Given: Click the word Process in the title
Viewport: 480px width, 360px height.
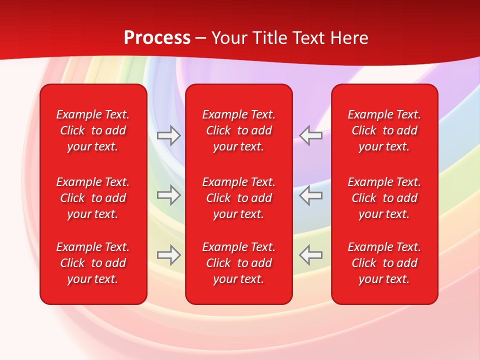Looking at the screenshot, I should tap(157, 38).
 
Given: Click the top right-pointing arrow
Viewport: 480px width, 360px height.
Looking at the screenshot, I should tap(169, 135).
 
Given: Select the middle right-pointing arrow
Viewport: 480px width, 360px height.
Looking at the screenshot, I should tap(169, 195).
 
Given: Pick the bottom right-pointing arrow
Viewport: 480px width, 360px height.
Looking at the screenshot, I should tap(169, 254).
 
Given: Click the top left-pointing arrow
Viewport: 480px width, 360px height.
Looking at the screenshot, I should tap(310, 135).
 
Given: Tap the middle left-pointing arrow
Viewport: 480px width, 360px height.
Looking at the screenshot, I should tap(310, 195).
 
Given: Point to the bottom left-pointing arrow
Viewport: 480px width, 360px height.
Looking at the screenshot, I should tap(310, 254).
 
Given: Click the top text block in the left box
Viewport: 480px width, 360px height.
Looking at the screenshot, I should tap(93, 130).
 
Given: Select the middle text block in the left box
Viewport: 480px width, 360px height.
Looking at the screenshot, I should tap(93, 198).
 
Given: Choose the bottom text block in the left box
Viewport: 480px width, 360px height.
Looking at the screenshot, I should tap(93, 263).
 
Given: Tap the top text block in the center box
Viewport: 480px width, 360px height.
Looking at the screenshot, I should tap(239, 130).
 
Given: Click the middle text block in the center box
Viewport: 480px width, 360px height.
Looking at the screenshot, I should tap(239, 198).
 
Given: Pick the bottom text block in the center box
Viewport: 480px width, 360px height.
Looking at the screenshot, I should tap(239, 263).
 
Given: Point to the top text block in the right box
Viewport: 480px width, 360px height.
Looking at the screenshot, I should tap(384, 130).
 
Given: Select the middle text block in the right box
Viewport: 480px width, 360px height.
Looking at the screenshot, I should tap(384, 198).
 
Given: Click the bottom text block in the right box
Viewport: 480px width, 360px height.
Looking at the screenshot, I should tap(384, 263).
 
